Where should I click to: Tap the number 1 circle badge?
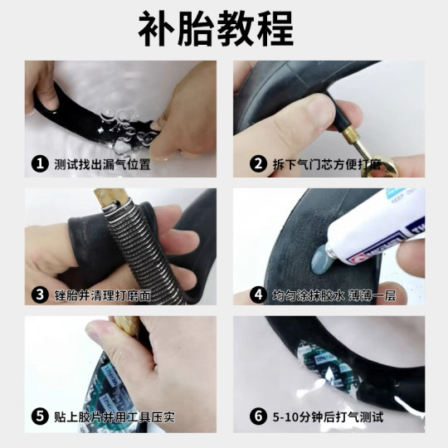point(39,163)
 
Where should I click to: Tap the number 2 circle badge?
point(258,163)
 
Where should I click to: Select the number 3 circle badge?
point(39,294)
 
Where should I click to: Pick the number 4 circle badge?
point(258,294)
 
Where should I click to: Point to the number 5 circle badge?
point(39,416)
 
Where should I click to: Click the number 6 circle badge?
point(258,416)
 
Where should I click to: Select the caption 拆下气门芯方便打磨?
point(327,163)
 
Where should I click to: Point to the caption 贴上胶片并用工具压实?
point(114,416)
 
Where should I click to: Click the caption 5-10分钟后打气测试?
point(327,416)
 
